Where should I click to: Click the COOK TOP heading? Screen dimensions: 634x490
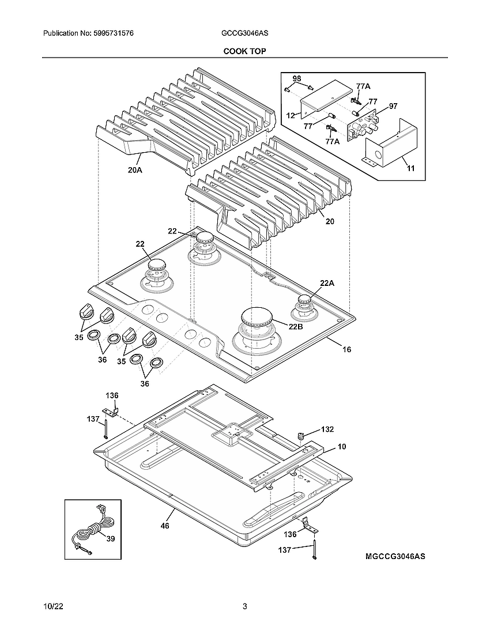click(x=244, y=51)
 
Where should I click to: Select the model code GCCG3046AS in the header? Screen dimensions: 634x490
click(x=244, y=34)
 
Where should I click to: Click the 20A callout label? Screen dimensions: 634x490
click(x=135, y=169)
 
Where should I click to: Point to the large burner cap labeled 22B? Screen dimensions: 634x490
click(x=259, y=318)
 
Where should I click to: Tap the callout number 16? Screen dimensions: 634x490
click(x=346, y=349)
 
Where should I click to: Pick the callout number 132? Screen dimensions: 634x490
click(x=327, y=429)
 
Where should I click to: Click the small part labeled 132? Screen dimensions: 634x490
click(x=300, y=435)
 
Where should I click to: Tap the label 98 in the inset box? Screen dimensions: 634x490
click(x=296, y=78)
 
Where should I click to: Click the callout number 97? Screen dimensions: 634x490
click(x=393, y=106)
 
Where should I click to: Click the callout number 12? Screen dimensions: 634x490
click(x=291, y=115)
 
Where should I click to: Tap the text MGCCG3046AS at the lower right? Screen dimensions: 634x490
click(x=395, y=556)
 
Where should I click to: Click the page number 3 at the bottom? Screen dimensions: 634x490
click(x=244, y=606)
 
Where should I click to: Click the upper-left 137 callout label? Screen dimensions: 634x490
click(x=93, y=419)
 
